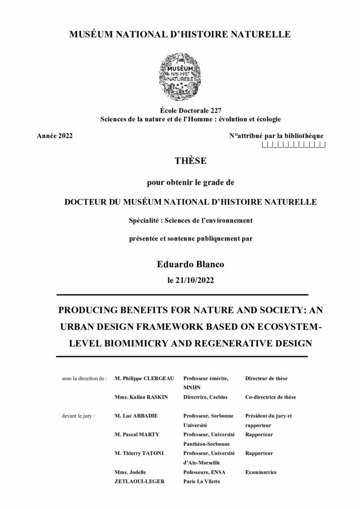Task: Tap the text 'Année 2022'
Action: tap(55, 136)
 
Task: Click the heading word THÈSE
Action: tap(180, 162)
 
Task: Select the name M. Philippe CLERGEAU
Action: tap(144, 378)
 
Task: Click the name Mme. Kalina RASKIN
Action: tap(140, 398)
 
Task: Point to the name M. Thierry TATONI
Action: tap(140, 453)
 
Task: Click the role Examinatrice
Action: tap(261, 472)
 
